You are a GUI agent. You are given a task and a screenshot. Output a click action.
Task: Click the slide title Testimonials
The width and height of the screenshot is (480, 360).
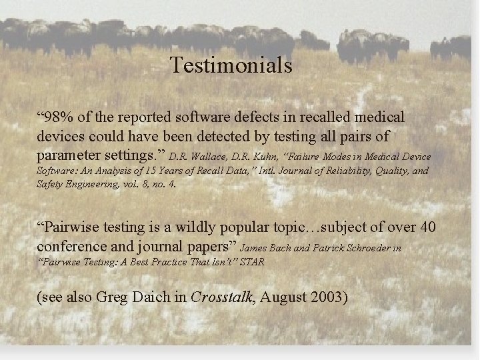pos(231,65)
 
